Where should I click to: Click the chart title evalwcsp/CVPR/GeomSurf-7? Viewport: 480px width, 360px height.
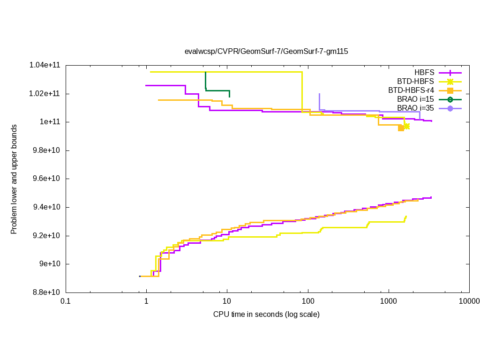click(x=266, y=51)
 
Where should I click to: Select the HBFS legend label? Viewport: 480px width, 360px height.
click(x=424, y=73)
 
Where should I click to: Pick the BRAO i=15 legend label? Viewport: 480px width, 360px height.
click(x=415, y=99)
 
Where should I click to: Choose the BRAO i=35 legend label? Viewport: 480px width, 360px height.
click(x=415, y=108)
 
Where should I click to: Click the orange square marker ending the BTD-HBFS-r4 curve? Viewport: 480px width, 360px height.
click(x=401, y=128)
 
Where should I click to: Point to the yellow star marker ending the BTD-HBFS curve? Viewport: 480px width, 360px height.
click(x=406, y=126)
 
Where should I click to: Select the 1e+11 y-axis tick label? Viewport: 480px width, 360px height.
click(x=51, y=122)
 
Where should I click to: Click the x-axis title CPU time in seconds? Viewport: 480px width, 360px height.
click(x=266, y=314)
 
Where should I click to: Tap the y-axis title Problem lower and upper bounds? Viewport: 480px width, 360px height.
click(x=14, y=179)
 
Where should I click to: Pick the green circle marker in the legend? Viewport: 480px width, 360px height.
click(x=450, y=99)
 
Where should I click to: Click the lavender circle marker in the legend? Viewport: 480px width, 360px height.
click(x=450, y=108)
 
